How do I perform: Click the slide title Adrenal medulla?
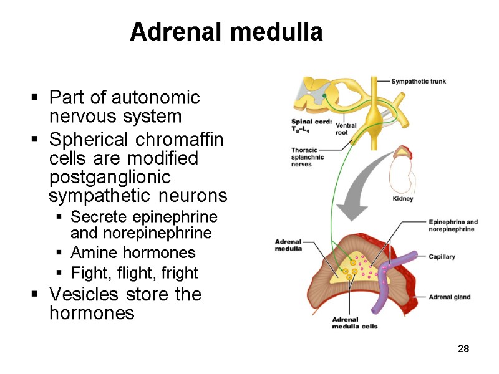[x=226, y=32]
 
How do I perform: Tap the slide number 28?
[x=463, y=348]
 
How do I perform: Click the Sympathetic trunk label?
[x=419, y=82]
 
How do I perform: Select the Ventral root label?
[x=346, y=129]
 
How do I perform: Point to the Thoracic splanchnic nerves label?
[x=309, y=157]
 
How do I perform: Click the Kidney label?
[x=403, y=199]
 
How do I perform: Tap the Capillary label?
[x=442, y=256]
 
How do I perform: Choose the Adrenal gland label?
[x=449, y=297]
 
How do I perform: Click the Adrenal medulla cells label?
[x=354, y=323]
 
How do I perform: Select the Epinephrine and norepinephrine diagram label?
[x=453, y=225]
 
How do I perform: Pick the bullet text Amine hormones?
[x=133, y=253]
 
